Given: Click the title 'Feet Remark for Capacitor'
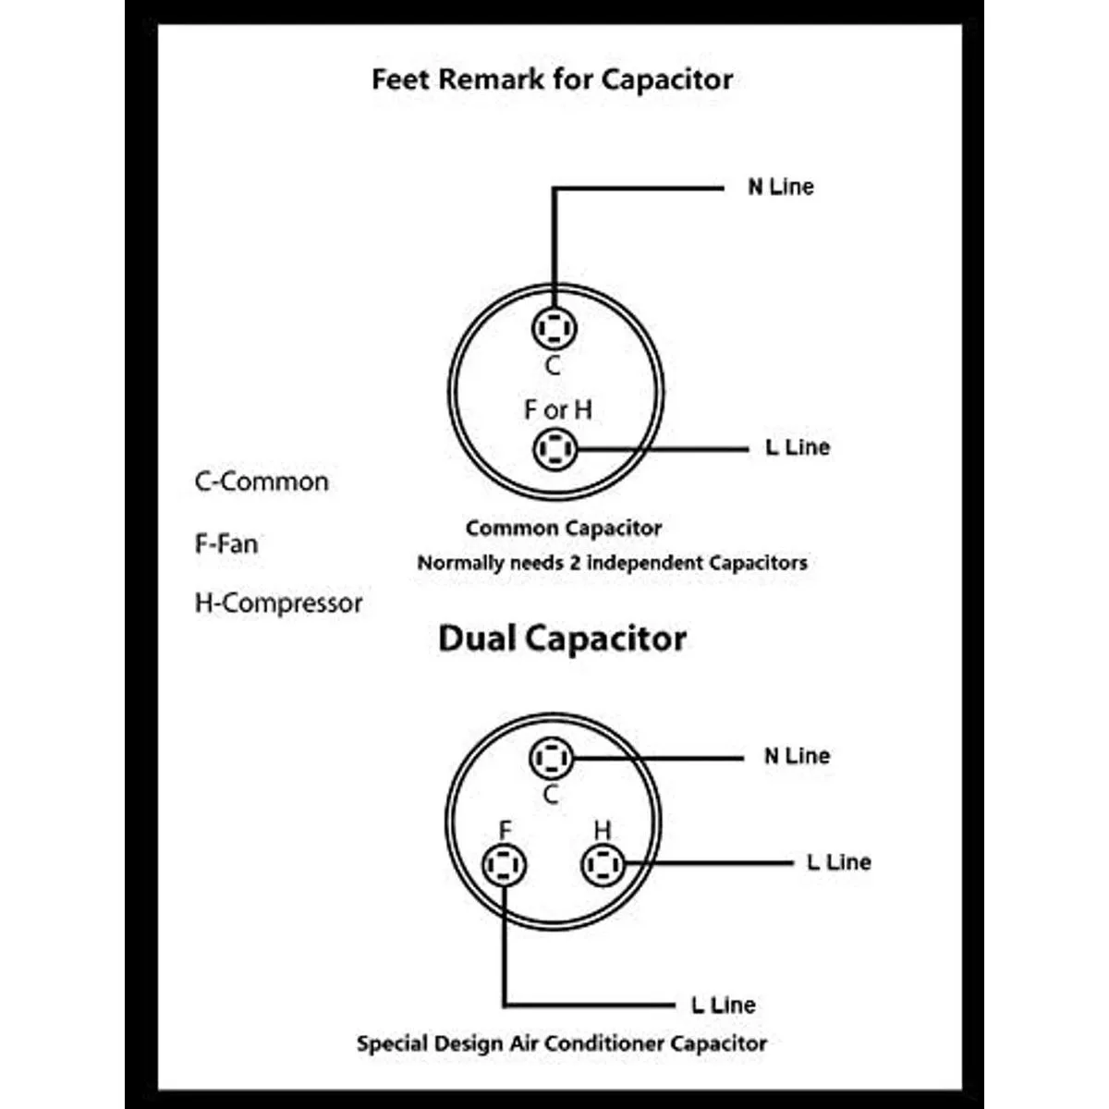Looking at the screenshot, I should click(552, 79).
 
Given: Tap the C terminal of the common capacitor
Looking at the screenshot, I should click(554, 328).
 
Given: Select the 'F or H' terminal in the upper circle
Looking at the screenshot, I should click(554, 450).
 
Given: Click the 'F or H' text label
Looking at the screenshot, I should click(557, 409).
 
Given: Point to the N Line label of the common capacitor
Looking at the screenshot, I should click(781, 187).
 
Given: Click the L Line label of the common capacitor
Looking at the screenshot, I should click(798, 447).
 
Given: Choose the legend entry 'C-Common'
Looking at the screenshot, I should click(262, 481).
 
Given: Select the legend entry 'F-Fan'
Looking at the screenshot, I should click(226, 543).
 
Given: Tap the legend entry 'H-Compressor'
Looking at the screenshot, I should click(278, 603).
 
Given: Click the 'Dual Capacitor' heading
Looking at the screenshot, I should click(562, 639).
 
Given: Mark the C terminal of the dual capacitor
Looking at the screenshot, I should click(552, 758).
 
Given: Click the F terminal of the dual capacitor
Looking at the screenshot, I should click(505, 866).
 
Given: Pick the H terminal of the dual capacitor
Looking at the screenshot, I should click(603, 866).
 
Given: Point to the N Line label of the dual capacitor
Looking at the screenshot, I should click(797, 756).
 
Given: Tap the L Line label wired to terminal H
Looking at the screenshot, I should click(838, 862).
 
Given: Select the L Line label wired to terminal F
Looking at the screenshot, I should click(723, 1005).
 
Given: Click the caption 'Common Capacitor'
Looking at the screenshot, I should click(563, 529).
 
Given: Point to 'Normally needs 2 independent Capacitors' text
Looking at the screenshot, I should click(612, 563).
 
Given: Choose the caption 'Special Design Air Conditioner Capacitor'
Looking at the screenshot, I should click(562, 1044).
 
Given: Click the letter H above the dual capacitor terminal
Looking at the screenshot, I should click(603, 830).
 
